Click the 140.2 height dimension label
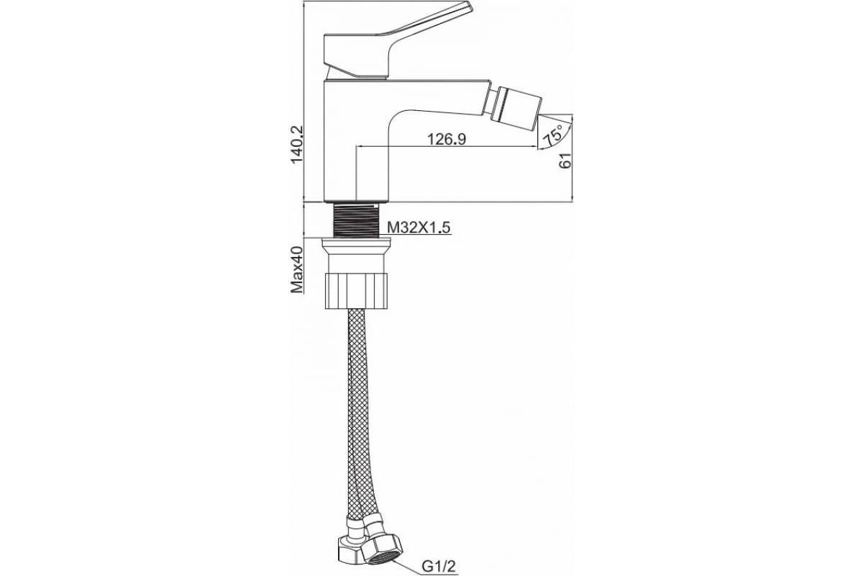(298, 144)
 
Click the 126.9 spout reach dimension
(447, 139)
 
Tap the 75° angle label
(553, 134)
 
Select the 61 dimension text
(565, 160)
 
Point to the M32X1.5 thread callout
(419, 228)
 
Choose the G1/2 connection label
(439, 567)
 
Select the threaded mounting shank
(356, 219)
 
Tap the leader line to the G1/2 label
(408, 567)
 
